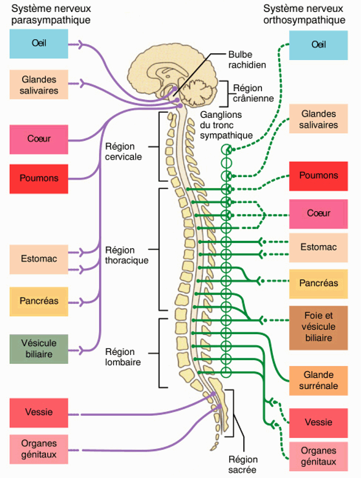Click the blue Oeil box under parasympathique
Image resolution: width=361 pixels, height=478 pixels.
[x=39, y=45]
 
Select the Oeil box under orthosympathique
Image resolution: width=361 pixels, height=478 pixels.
[x=318, y=45]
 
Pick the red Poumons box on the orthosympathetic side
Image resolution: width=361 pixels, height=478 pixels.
[x=318, y=176]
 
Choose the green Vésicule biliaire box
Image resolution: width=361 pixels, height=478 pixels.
[x=39, y=349]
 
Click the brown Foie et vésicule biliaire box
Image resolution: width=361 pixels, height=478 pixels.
[x=318, y=327]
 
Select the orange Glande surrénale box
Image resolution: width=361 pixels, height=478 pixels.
[x=318, y=381]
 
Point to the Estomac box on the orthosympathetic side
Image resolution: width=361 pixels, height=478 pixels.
[x=318, y=248]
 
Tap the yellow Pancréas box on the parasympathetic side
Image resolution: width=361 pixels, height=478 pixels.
[x=39, y=301]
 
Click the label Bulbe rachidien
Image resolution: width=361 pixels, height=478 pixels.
[x=247, y=59]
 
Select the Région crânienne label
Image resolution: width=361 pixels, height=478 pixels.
[x=253, y=93]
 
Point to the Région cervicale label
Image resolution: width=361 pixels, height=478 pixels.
[x=123, y=151]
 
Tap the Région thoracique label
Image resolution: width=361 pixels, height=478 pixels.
[x=127, y=255]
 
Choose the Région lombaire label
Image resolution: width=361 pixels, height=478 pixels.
[x=123, y=357]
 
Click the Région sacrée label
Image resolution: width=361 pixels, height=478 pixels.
[x=243, y=464]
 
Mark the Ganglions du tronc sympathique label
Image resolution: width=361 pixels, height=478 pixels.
[x=227, y=125]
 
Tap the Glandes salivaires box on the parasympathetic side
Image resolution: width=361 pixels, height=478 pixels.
[x=39, y=84]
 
